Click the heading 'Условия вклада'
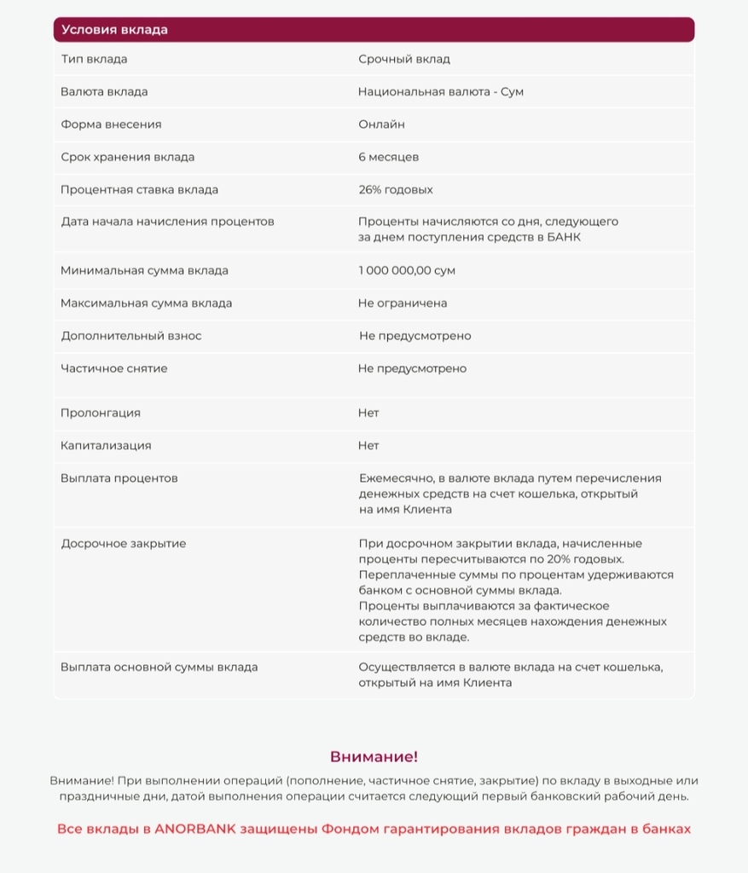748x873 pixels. pyautogui.click(x=114, y=30)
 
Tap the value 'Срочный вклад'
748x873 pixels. pyautogui.click(x=404, y=60)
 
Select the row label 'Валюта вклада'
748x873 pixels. pyautogui.click(x=104, y=92)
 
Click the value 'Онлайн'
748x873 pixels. pyautogui.click(x=381, y=124)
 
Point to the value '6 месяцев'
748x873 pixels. pyautogui.click(x=388, y=157)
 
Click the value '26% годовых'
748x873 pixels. pyautogui.click(x=396, y=189)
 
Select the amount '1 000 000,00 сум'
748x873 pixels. pyautogui.click(x=407, y=270)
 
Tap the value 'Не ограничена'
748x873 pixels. pyautogui.click(x=403, y=304)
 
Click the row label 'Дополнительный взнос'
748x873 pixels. pyautogui.click(x=131, y=336)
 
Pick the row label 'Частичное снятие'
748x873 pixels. pyautogui.click(x=114, y=369)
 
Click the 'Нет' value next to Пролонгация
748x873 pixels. pyautogui.click(x=368, y=413)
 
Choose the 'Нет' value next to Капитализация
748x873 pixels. pyautogui.click(x=368, y=446)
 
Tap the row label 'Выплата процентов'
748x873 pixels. pyautogui.click(x=119, y=478)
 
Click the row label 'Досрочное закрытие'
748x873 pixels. pyautogui.click(x=124, y=544)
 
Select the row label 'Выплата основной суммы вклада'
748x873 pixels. pyautogui.click(x=159, y=668)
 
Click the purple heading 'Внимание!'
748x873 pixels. pyautogui.click(x=374, y=757)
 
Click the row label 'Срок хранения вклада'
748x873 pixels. pyautogui.click(x=128, y=157)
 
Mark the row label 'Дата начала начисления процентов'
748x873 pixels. pyautogui.click(x=168, y=222)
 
